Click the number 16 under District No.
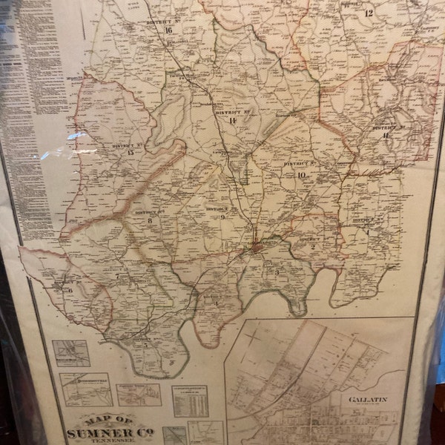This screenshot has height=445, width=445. click(x=169, y=30)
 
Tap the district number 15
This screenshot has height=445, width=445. click(x=131, y=153)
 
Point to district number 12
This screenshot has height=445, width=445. click(x=369, y=13)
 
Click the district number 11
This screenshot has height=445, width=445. click(x=386, y=135)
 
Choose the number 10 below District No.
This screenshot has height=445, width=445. click(x=301, y=175)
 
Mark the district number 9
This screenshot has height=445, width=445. click(x=222, y=217)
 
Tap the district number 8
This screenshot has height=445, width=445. click(x=150, y=220)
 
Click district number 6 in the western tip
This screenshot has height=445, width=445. click(x=70, y=291)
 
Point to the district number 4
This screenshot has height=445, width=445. click(x=216, y=303)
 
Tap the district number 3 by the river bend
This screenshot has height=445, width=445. click(x=277, y=272)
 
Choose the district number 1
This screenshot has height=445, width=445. click(x=366, y=231)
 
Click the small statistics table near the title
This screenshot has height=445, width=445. click(x=190, y=401)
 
